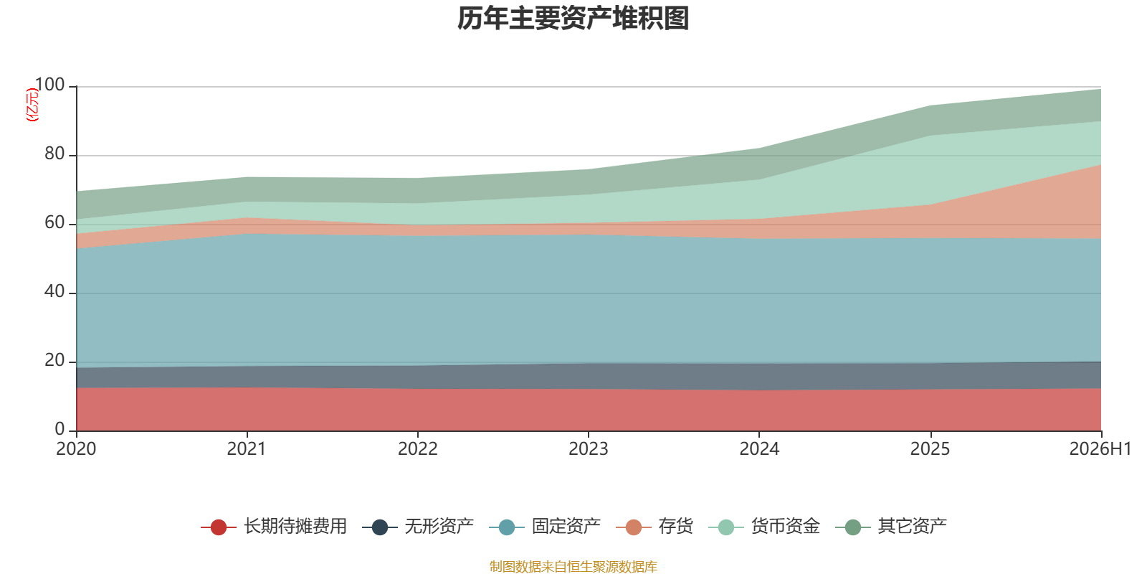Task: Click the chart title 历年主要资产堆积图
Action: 573,19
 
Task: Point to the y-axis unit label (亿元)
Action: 32,105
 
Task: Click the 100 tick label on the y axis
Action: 49,85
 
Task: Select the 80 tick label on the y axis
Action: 54,154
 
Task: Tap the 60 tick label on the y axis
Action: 54,222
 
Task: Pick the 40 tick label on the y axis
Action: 54,291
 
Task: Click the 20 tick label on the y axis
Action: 54,360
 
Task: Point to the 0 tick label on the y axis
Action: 60,429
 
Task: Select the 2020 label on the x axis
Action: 76,449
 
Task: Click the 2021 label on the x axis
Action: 247,449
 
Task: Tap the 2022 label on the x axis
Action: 418,449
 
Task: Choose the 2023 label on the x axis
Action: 589,449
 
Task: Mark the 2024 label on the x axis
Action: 759,449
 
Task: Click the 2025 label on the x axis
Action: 930,449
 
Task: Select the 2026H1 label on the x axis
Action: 1100,449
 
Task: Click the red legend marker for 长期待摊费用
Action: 219,527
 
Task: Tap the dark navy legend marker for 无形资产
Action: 380,527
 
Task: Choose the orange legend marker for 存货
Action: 634,527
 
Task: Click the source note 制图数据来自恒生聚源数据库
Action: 573,566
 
